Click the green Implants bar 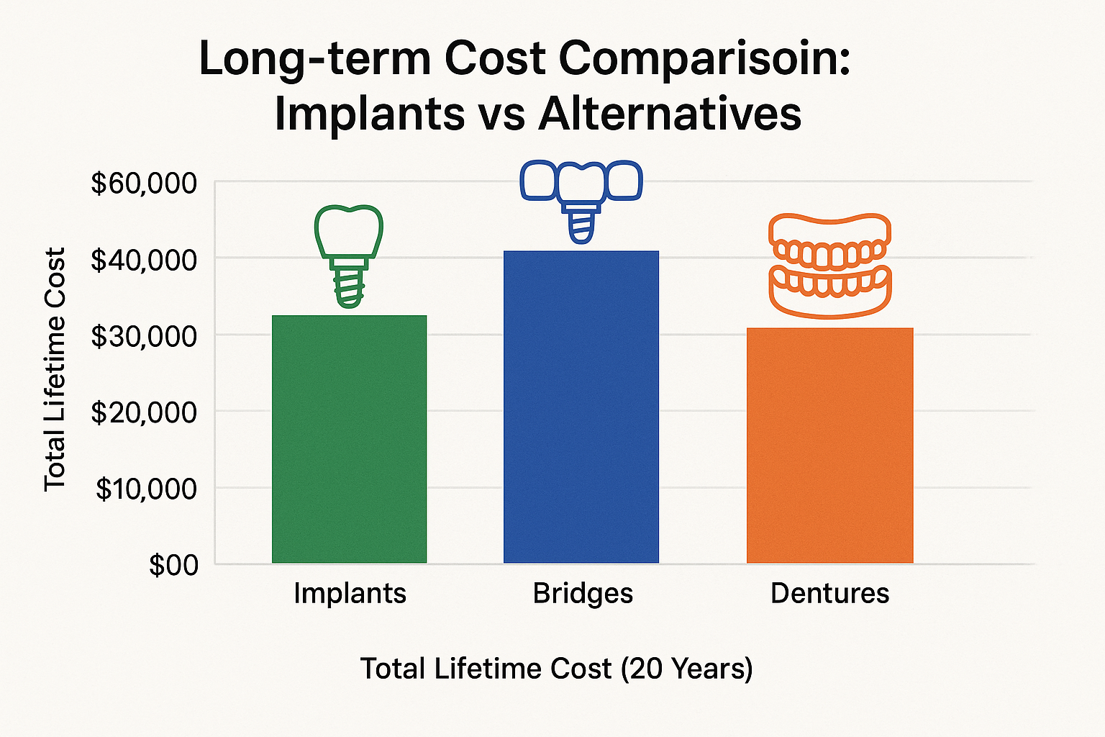(x=349, y=439)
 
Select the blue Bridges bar (x=581, y=407)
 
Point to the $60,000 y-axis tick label (x=143, y=184)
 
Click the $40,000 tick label (x=143, y=260)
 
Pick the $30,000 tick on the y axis (x=143, y=336)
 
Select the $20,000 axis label (x=143, y=412)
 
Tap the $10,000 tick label (x=146, y=489)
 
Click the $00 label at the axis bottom (x=173, y=565)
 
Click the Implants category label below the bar (x=350, y=594)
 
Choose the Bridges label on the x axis (x=583, y=594)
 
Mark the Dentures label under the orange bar (x=829, y=594)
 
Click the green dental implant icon (x=349, y=256)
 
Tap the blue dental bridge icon (x=581, y=198)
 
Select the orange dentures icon (x=829, y=265)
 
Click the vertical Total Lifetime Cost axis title (x=55, y=369)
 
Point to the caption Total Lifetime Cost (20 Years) (x=556, y=669)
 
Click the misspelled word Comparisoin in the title (x=704, y=58)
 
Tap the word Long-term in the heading (x=314, y=58)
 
